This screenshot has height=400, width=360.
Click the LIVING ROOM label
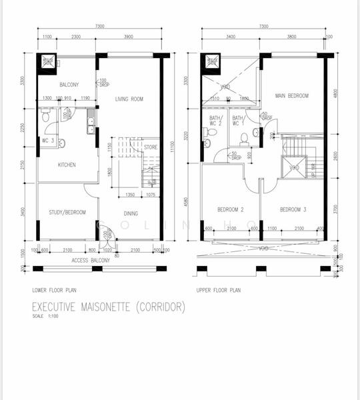coord(129,99)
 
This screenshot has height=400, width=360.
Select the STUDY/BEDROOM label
coord(67,212)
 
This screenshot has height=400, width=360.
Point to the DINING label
coord(131,213)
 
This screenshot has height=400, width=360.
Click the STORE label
coord(151,147)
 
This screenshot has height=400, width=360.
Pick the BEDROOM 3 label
coord(293,209)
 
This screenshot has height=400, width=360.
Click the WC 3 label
coord(47,140)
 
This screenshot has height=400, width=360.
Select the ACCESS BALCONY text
coord(91,260)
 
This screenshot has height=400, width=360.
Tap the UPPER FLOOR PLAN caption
coord(219,291)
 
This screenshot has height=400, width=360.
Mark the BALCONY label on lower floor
coord(69,85)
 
